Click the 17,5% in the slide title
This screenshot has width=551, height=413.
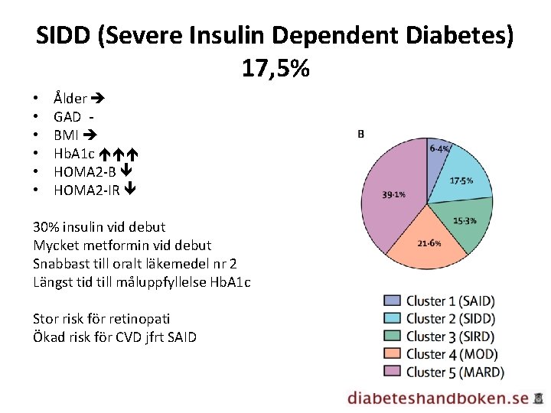pos(275,68)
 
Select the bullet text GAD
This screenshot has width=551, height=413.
pos(67,116)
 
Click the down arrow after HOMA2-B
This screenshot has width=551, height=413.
pos(127,172)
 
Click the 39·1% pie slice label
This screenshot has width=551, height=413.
pos(393,194)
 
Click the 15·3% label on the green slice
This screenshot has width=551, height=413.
pos(465,220)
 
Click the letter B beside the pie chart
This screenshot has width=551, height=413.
pos(360,135)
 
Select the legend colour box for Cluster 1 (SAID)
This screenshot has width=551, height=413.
pos(392,301)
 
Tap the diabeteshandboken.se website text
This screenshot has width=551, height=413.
pos(437,398)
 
